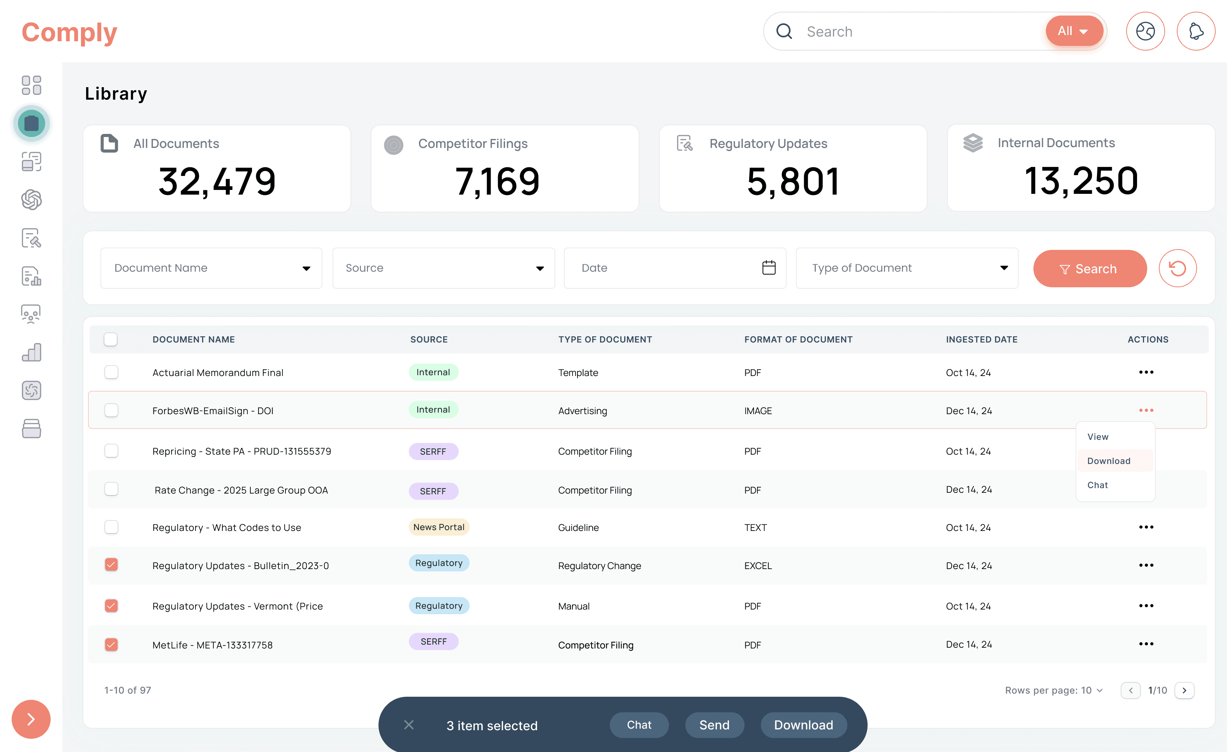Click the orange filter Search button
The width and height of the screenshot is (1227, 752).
point(1090,269)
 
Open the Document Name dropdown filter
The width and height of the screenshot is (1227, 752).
point(211,268)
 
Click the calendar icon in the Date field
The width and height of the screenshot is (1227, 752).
point(769,268)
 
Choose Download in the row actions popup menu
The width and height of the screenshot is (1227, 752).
point(1109,461)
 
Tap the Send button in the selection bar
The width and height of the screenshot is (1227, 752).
point(714,725)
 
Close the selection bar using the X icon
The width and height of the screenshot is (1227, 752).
point(409,725)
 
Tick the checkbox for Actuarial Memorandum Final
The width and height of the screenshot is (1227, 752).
point(111,372)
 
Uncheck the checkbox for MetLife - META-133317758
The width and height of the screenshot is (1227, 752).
point(111,645)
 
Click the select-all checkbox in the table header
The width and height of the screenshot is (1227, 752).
point(111,339)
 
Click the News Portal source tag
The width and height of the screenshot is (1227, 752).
point(439,527)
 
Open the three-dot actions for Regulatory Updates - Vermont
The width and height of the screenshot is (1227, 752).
point(1146,606)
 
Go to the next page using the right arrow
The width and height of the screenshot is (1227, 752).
point(1184,690)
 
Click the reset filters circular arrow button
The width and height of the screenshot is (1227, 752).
point(1177,269)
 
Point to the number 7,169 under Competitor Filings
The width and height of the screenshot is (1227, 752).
point(497,181)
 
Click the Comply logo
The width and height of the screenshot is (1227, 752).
point(70,33)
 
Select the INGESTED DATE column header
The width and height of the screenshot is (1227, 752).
point(982,339)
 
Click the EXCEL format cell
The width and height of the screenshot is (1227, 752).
point(758,566)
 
